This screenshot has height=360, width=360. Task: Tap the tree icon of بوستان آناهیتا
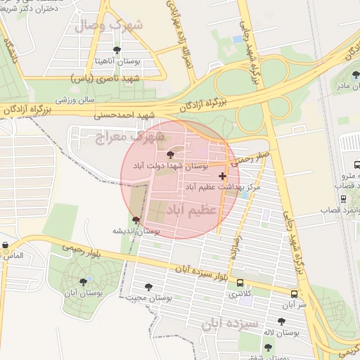[x=117, y=50]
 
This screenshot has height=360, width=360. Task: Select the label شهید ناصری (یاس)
[x=105, y=79]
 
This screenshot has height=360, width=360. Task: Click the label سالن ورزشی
[x=75, y=101]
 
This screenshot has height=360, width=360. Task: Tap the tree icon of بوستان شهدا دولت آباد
[x=169, y=155]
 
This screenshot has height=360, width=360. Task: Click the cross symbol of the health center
[x=223, y=176]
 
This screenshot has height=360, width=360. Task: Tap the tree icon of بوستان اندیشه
[x=136, y=221]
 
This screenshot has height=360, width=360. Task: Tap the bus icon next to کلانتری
[x=241, y=283]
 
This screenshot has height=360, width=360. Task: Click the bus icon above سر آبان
[x=294, y=295]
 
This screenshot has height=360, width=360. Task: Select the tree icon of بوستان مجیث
[x=148, y=287]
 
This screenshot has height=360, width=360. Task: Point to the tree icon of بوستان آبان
[x=83, y=282]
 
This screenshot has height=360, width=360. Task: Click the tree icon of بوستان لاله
[x=281, y=321]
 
